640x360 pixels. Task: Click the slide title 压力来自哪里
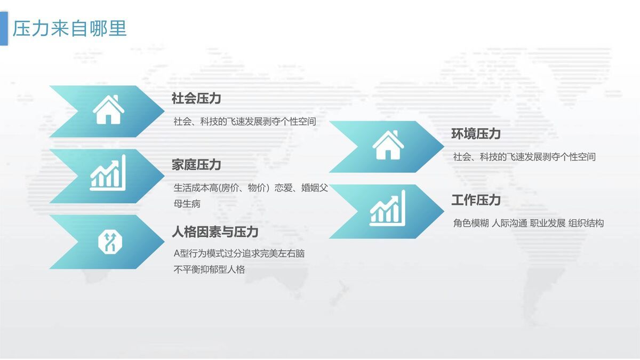(70, 28)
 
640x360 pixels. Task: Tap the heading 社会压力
(196, 98)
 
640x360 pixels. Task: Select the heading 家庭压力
(196, 165)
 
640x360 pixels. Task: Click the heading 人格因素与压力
(215, 232)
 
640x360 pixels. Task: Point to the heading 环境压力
(476, 134)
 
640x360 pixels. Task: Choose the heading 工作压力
(476, 200)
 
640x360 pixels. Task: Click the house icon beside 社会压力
(108, 110)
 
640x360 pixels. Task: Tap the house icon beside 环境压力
(388, 145)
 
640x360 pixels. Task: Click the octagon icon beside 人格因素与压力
(110, 242)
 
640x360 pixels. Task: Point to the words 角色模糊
(471, 223)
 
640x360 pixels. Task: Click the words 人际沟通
(509, 223)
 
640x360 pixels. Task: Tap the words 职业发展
(548, 223)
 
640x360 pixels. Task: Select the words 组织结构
(586, 223)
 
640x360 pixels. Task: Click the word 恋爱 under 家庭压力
(283, 188)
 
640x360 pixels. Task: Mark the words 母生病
(187, 204)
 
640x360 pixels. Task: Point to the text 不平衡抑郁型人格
(210, 270)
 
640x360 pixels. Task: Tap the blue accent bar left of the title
(4, 29)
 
